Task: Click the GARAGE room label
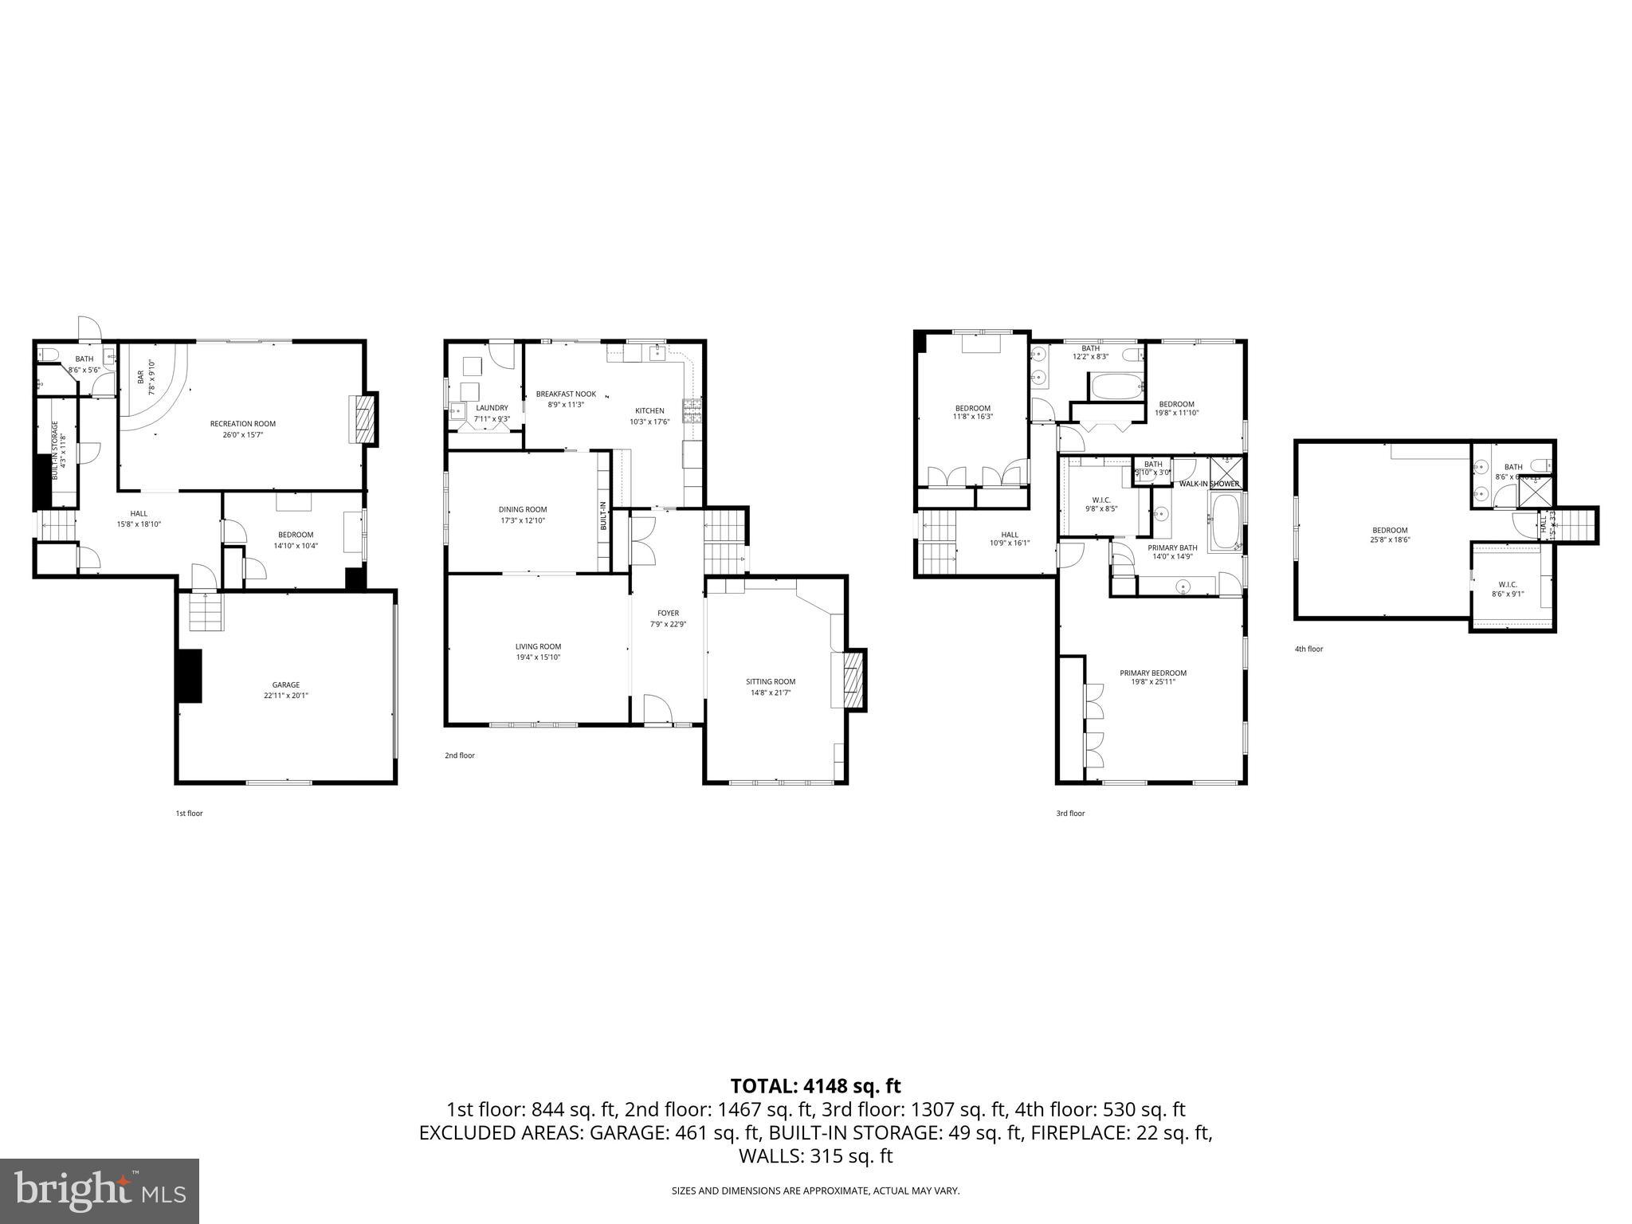286,685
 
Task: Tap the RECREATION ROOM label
243,424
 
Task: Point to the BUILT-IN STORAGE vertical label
55,449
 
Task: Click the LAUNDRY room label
492,408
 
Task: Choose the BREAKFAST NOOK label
566,394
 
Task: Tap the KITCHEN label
649,411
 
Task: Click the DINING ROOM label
523,509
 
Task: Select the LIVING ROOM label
538,646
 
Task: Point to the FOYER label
668,614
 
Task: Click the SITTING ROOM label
771,681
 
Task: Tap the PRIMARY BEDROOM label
1153,673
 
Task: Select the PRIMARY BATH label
1172,547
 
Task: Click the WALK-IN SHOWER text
1209,484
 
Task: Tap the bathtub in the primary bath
1225,523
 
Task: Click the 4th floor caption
1308,649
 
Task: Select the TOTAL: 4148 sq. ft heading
815,1086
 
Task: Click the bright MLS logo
100,1191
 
